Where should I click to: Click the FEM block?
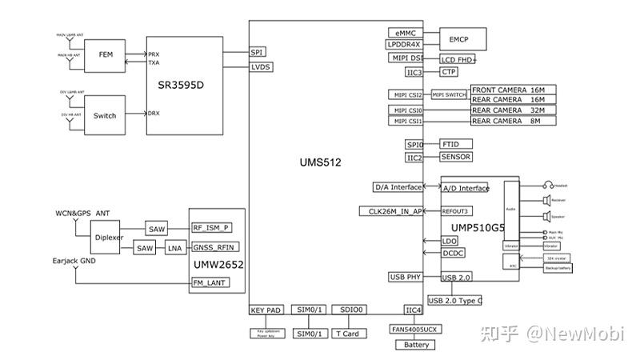coord(105,55)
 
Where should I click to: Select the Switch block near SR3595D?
coord(105,115)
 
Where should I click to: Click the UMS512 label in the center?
coord(320,162)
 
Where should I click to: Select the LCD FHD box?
coord(458,59)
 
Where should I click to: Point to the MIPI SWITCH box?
coord(449,94)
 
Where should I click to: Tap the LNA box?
coord(174,249)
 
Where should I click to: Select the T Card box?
coord(348,334)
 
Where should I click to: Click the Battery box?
coord(416,345)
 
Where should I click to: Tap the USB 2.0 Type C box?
coord(455,300)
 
